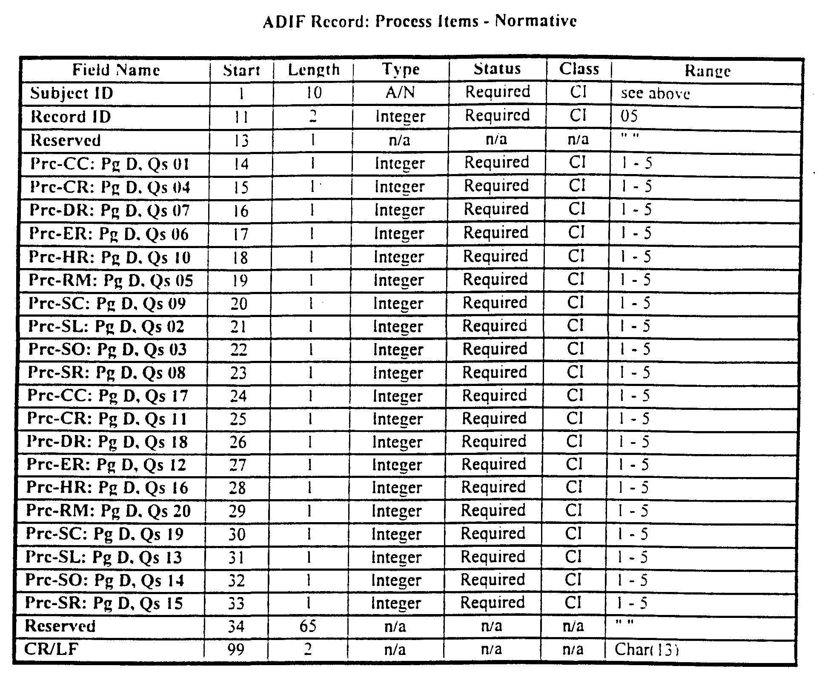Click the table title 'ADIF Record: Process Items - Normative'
(420, 21)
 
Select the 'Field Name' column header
(116, 70)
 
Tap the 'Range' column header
(707, 71)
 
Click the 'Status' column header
(497, 69)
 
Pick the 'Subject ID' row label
(72, 93)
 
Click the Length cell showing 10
(314, 93)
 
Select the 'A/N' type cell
(400, 93)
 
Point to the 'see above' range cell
(655, 94)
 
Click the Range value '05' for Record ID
(629, 116)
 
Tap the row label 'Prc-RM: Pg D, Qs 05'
(111, 280)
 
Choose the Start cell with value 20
(239, 303)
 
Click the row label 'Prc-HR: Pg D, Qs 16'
(107, 488)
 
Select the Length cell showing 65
(308, 626)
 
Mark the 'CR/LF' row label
(52, 649)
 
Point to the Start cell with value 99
(236, 649)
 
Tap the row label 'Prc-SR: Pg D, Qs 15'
(104, 603)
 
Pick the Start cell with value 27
(238, 465)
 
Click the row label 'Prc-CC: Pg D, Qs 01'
(109, 164)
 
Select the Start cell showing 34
(236, 626)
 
